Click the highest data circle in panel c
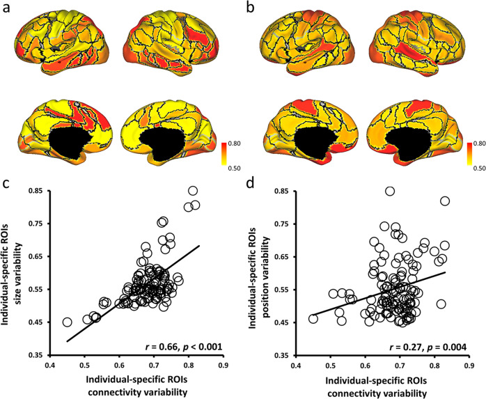point(193,191)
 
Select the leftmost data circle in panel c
point(68,322)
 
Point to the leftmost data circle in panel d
point(313,319)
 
